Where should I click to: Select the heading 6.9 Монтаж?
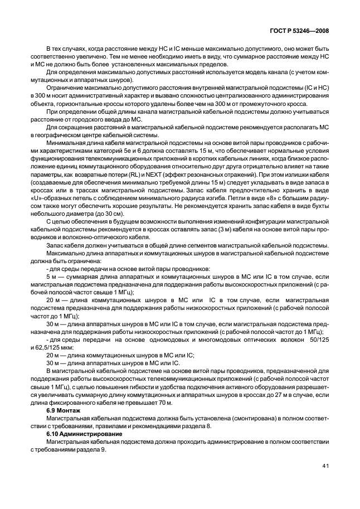pos(62,410)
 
